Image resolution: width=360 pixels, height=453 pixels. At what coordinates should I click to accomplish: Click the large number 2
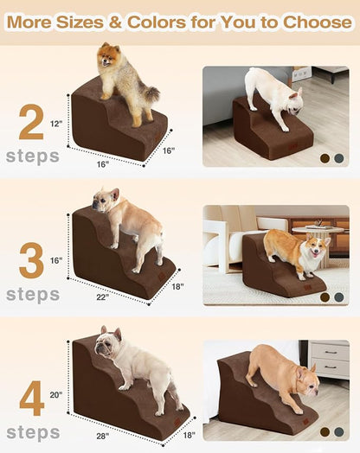[x=31, y=124]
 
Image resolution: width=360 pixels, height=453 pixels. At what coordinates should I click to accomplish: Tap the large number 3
[x=31, y=262]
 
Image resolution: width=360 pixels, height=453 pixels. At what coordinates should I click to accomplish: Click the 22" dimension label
[x=103, y=297]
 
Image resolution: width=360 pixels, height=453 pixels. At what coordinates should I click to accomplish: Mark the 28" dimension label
[x=103, y=436]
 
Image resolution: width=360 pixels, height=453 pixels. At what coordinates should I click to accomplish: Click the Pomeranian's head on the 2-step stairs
[x=108, y=54]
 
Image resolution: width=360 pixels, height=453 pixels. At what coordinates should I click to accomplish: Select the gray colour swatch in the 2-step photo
[x=338, y=158]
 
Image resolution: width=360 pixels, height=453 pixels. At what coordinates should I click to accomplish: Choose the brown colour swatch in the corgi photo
[x=325, y=297]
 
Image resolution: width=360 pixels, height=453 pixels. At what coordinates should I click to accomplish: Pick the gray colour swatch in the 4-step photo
[x=338, y=431]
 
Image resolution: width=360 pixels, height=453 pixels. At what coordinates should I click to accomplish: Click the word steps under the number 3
[x=32, y=294]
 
